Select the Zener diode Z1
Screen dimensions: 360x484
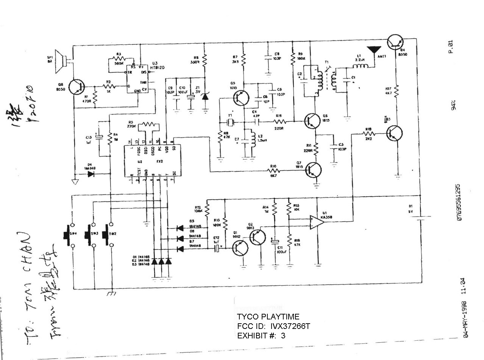click(x=205, y=96)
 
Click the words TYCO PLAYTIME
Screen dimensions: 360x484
click(x=268, y=317)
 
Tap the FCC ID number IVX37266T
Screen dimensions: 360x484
click(x=290, y=326)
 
